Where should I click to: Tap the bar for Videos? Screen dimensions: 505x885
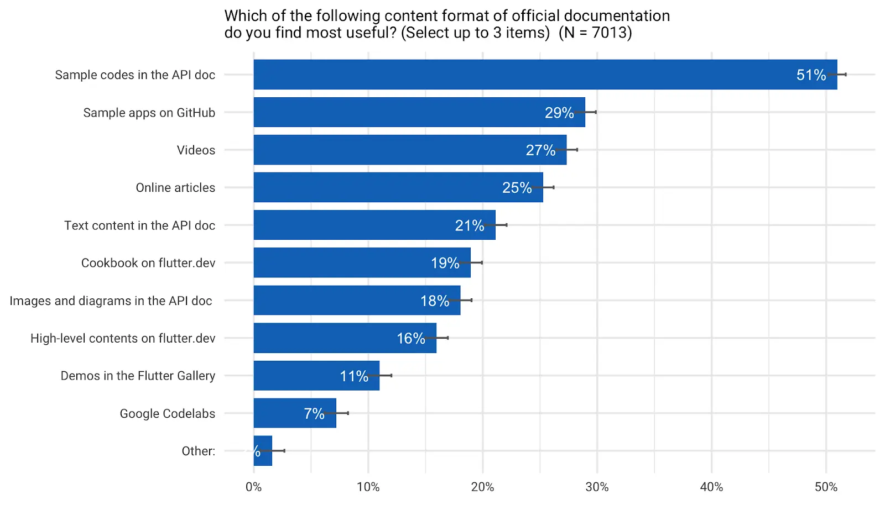[x=409, y=150]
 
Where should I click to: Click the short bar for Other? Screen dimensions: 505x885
[x=263, y=451]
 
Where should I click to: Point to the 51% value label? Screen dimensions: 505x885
[x=811, y=75]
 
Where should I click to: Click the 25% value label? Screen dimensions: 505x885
[x=517, y=188]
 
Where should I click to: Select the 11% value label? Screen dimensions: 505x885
[x=354, y=376]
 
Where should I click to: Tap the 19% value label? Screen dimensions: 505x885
[x=445, y=263]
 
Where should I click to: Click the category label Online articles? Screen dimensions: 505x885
[x=175, y=188]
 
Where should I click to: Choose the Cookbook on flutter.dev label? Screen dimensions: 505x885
[x=148, y=263]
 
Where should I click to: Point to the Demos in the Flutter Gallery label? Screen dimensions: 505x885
[x=138, y=376]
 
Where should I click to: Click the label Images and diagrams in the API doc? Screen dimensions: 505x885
[x=111, y=301]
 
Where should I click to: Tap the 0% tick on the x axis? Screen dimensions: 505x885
[x=253, y=487]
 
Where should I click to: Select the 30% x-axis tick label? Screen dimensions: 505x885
[x=597, y=487]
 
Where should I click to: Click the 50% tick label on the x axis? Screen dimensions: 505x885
[x=826, y=487]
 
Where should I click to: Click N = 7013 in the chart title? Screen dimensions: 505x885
[x=595, y=33]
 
